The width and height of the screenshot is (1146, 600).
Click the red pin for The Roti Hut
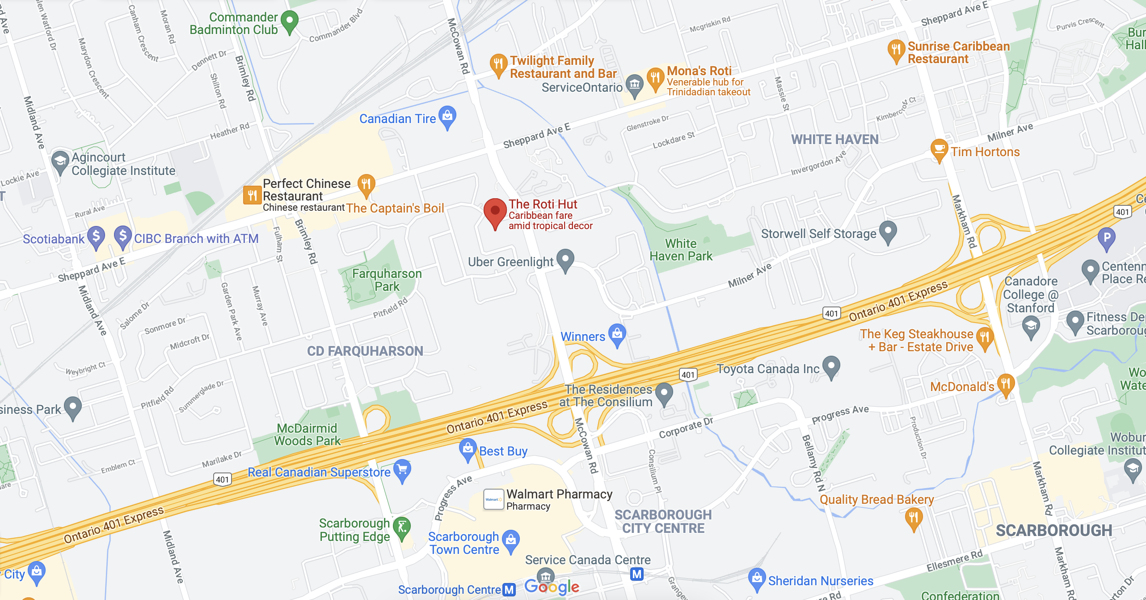point(495,212)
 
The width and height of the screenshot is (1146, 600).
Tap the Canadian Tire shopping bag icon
point(447,116)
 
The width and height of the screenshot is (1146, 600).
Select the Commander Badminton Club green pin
point(290,21)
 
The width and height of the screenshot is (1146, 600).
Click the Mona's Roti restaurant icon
point(655,78)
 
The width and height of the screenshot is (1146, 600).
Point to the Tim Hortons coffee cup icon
point(939,149)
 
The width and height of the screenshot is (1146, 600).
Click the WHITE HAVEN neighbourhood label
point(834,140)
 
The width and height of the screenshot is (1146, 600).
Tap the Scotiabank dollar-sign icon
point(96,236)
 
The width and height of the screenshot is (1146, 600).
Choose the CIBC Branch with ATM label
point(196,238)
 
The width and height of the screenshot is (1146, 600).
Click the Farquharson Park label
point(387,280)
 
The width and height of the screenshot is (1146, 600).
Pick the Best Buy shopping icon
point(468,449)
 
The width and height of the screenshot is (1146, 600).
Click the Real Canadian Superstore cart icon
point(402,469)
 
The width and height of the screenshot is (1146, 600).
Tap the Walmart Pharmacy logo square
point(493,499)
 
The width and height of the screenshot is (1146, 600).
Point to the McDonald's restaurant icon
point(1005,384)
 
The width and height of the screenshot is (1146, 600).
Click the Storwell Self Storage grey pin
point(888,231)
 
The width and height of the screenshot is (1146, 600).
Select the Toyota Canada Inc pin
point(831,366)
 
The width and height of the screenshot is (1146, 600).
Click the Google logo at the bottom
point(552,587)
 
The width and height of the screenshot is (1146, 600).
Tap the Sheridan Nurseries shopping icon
point(757,579)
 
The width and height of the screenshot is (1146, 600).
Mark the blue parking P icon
point(1107,237)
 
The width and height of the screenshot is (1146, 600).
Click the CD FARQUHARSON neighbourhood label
point(365,351)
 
